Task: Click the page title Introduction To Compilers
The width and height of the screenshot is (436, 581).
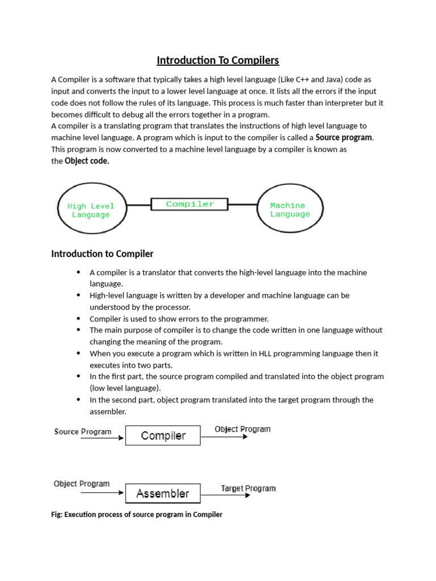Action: click(x=218, y=60)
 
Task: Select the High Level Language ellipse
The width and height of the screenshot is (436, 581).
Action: click(x=91, y=210)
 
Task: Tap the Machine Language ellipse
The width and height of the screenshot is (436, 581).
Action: click(x=290, y=210)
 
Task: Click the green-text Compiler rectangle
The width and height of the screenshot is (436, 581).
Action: click(x=190, y=204)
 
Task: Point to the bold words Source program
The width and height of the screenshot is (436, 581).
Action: click(x=344, y=137)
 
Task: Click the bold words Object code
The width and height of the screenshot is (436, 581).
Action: click(x=87, y=161)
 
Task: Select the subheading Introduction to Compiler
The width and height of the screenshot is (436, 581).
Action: click(x=102, y=254)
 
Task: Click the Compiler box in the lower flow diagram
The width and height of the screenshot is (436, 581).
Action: click(x=163, y=436)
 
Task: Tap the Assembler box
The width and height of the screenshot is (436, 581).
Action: click(x=163, y=494)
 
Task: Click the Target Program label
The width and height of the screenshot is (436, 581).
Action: click(x=248, y=488)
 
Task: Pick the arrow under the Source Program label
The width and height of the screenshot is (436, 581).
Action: click(x=102, y=437)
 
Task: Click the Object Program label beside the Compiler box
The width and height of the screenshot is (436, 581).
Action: click(x=242, y=429)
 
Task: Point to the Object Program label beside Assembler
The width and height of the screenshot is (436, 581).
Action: click(x=82, y=484)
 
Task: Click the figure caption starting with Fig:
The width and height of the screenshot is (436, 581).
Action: click(x=137, y=515)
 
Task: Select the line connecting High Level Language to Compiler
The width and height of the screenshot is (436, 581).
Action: click(x=138, y=204)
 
